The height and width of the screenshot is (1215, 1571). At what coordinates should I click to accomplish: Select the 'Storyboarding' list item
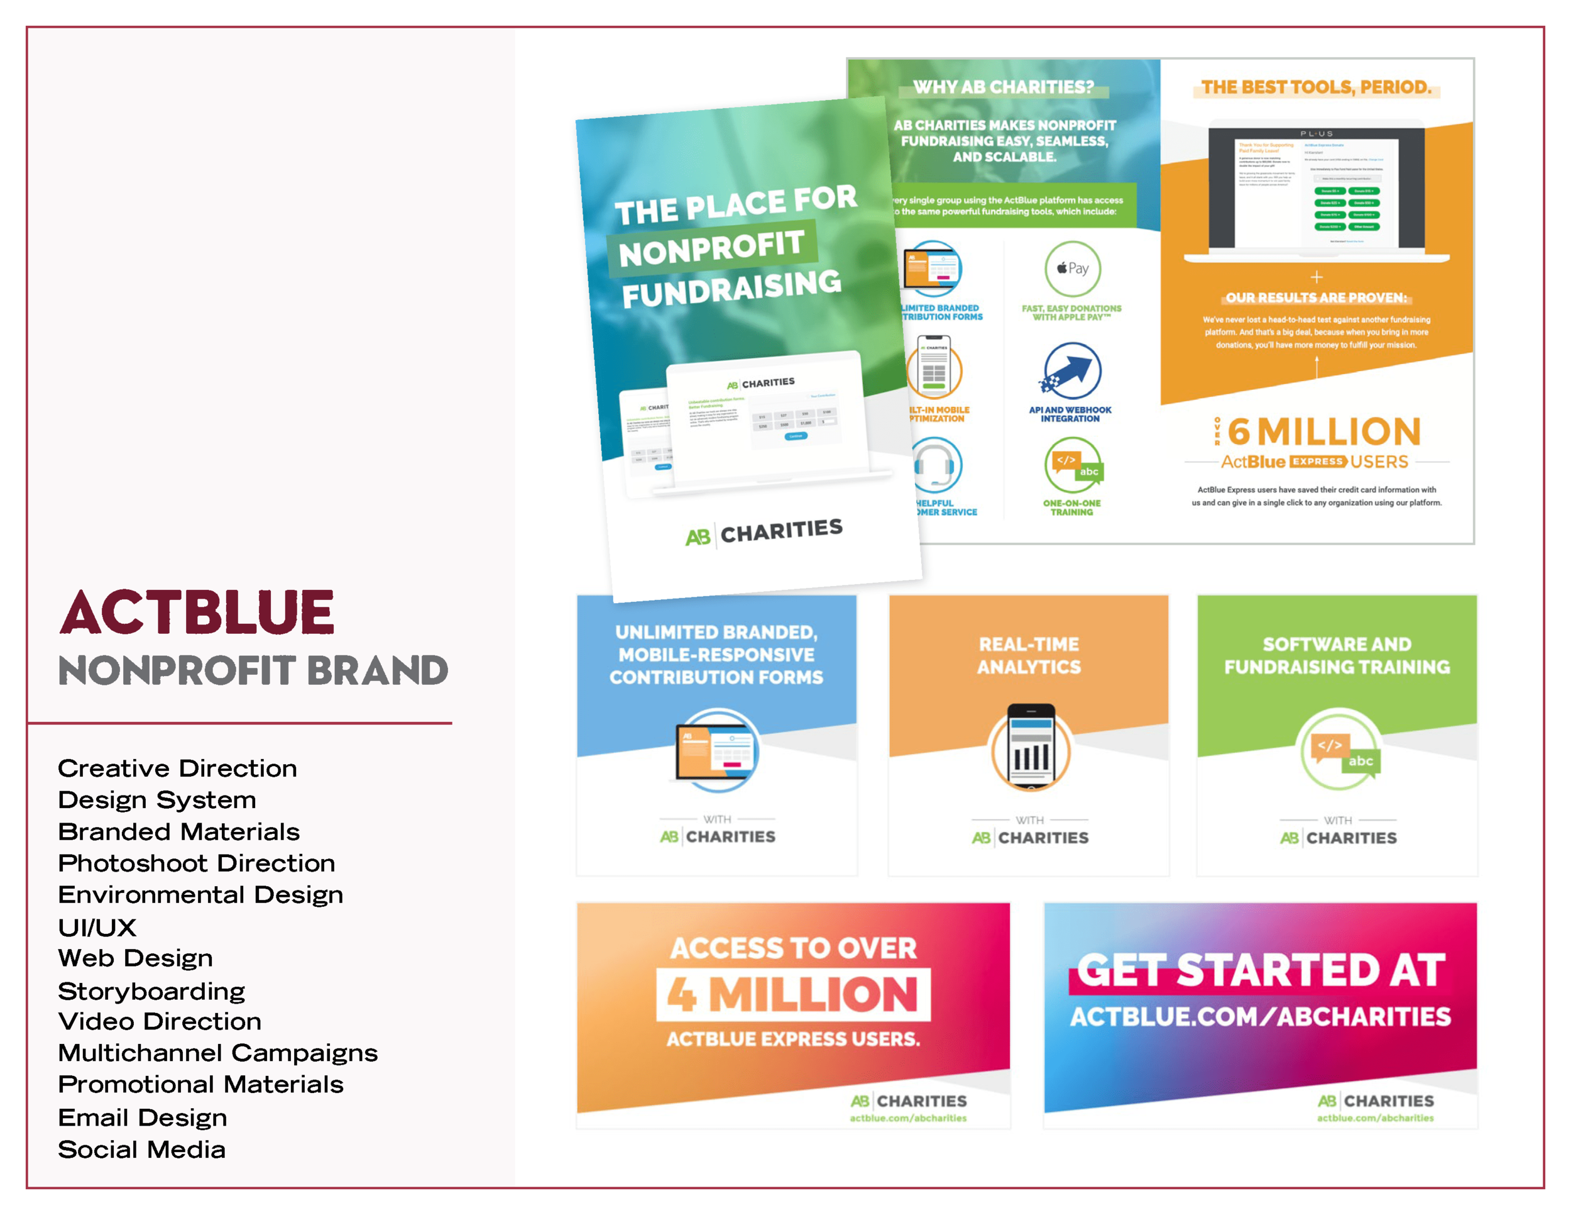pos(151,990)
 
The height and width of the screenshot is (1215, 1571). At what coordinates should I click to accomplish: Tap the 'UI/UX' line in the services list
pos(97,927)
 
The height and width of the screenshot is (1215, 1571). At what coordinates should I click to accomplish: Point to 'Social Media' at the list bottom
pos(142,1149)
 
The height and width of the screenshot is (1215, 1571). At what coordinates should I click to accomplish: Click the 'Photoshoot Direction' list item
pos(196,863)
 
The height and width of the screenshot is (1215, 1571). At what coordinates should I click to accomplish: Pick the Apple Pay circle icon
pos(1072,269)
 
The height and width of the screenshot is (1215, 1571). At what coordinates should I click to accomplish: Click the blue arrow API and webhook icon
pos(1072,370)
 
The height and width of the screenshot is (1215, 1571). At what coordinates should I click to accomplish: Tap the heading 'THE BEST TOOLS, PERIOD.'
pos(1316,87)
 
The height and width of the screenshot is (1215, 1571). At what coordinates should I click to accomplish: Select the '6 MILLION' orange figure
pos(1323,432)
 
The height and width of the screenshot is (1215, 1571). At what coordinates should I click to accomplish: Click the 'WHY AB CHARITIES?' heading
pos(1003,87)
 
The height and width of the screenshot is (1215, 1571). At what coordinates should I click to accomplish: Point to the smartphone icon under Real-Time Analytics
pos(1030,746)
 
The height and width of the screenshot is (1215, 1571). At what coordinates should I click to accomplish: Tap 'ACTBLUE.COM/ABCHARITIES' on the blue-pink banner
pos(1260,1016)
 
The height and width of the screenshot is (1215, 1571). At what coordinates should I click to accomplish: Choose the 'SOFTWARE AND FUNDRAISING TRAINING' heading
pos(1337,656)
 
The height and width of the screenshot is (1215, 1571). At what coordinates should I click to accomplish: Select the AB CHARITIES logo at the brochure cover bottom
pos(764,533)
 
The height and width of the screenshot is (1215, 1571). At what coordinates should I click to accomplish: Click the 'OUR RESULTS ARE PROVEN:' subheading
pos(1316,297)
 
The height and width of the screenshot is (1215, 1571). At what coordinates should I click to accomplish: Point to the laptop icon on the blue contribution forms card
pos(716,751)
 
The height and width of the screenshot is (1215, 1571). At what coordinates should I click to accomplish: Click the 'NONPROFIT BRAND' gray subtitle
pos(253,670)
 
